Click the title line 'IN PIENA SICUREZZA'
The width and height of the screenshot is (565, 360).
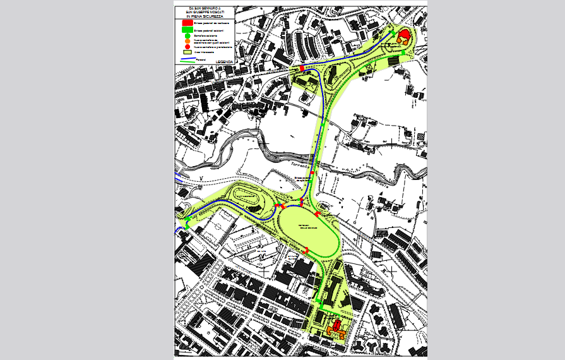click(206, 16)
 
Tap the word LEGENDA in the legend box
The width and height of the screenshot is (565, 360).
click(224, 61)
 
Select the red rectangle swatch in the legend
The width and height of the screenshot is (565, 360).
click(187, 22)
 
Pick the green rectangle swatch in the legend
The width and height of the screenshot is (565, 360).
click(187, 30)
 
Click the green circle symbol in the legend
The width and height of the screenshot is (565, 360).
click(187, 36)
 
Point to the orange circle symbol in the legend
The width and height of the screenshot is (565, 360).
click(187, 42)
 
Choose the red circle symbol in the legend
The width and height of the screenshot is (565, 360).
click(187, 47)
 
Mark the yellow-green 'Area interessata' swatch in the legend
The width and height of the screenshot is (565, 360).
click(187, 52)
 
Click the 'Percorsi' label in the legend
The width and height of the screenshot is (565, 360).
click(201, 58)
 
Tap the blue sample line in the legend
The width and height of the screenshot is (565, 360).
click(187, 59)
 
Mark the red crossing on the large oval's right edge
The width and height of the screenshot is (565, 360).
click(317, 215)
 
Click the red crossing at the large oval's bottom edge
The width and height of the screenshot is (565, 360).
click(306, 251)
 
